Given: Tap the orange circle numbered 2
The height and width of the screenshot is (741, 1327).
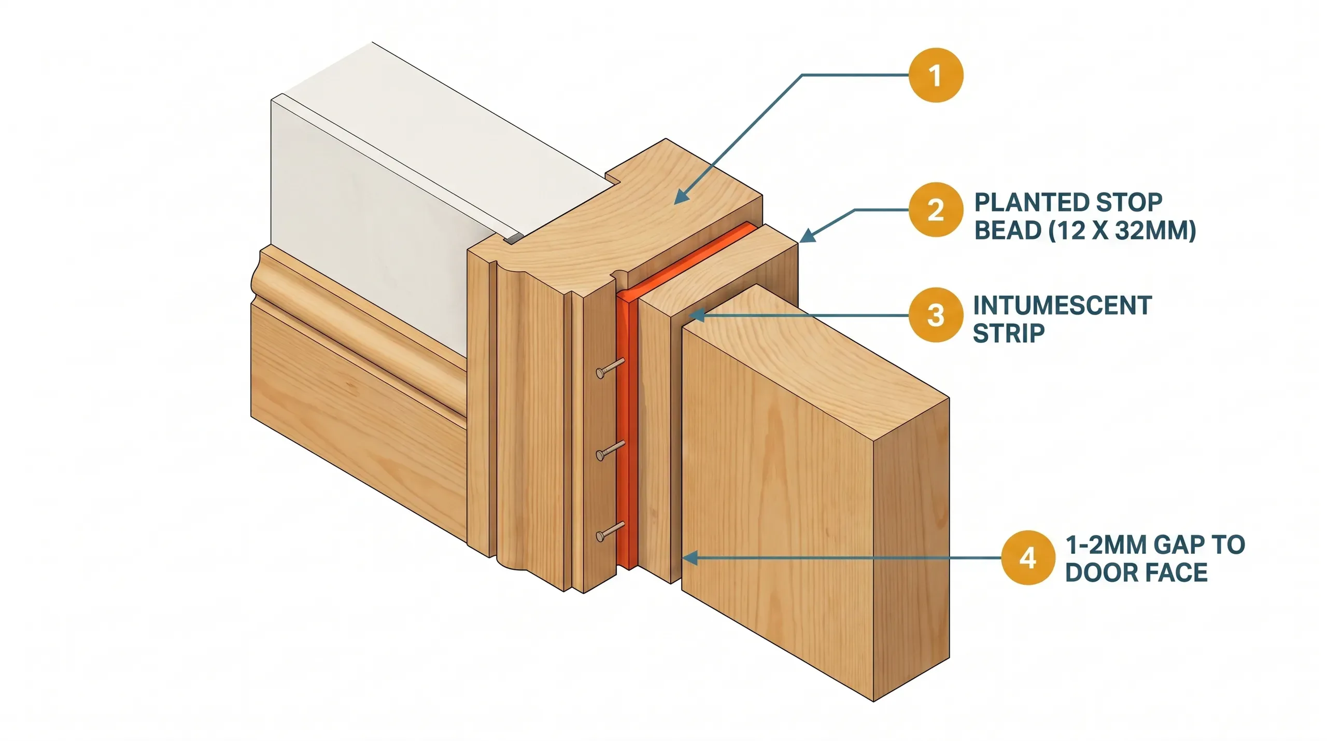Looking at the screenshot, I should (936, 210).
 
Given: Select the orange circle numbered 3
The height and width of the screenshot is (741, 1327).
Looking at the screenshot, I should (936, 315).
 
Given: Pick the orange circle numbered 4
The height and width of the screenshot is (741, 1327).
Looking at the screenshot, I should (1027, 558).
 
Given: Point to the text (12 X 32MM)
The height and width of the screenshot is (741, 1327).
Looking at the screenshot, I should (1122, 230).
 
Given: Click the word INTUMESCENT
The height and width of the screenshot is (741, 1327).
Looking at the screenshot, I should (1062, 305).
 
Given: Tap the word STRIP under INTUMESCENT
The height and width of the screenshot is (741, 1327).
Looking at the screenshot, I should (1008, 333).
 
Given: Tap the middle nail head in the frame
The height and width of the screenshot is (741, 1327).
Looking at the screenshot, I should (601, 455).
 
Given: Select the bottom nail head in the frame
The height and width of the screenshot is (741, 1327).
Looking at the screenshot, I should (601, 536).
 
